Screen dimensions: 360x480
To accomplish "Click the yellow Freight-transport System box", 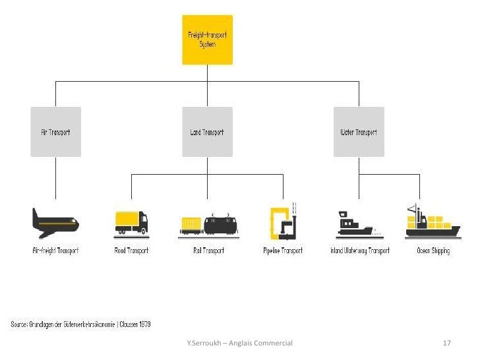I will pyautogui.click(x=207, y=40).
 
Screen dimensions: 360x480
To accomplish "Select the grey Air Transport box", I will pyautogui.click(x=55, y=132).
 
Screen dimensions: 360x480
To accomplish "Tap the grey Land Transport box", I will pyautogui.click(x=207, y=132).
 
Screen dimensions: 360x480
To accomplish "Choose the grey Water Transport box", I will pyautogui.click(x=359, y=132).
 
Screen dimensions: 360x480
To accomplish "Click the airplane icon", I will pyautogui.click(x=55, y=222).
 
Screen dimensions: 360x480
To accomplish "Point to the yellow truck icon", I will pyautogui.click(x=131, y=223).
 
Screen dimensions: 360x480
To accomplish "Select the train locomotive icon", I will pyautogui.click(x=220, y=225).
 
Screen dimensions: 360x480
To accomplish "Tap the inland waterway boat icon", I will pyautogui.click(x=355, y=224).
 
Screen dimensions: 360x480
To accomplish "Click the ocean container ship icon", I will pyautogui.click(x=432, y=222).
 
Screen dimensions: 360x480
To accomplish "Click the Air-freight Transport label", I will pyautogui.click(x=55, y=251).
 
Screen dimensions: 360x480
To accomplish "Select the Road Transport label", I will pyautogui.click(x=131, y=251).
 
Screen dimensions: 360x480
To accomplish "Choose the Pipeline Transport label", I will pyautogui.click(x=282, y=251).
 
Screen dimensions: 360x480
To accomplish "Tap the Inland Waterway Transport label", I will pyautogui.click(x=359, y=251).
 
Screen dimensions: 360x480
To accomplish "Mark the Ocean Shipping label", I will pyautogui.click(x=433, y=251).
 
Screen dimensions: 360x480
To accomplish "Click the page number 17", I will pyautogui.click(x=446, y=344).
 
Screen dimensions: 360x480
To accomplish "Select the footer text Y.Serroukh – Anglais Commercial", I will pyautogui.click(x=239, y=344).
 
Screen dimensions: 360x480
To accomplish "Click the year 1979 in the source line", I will pyautogui.click(x=143, y=324).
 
